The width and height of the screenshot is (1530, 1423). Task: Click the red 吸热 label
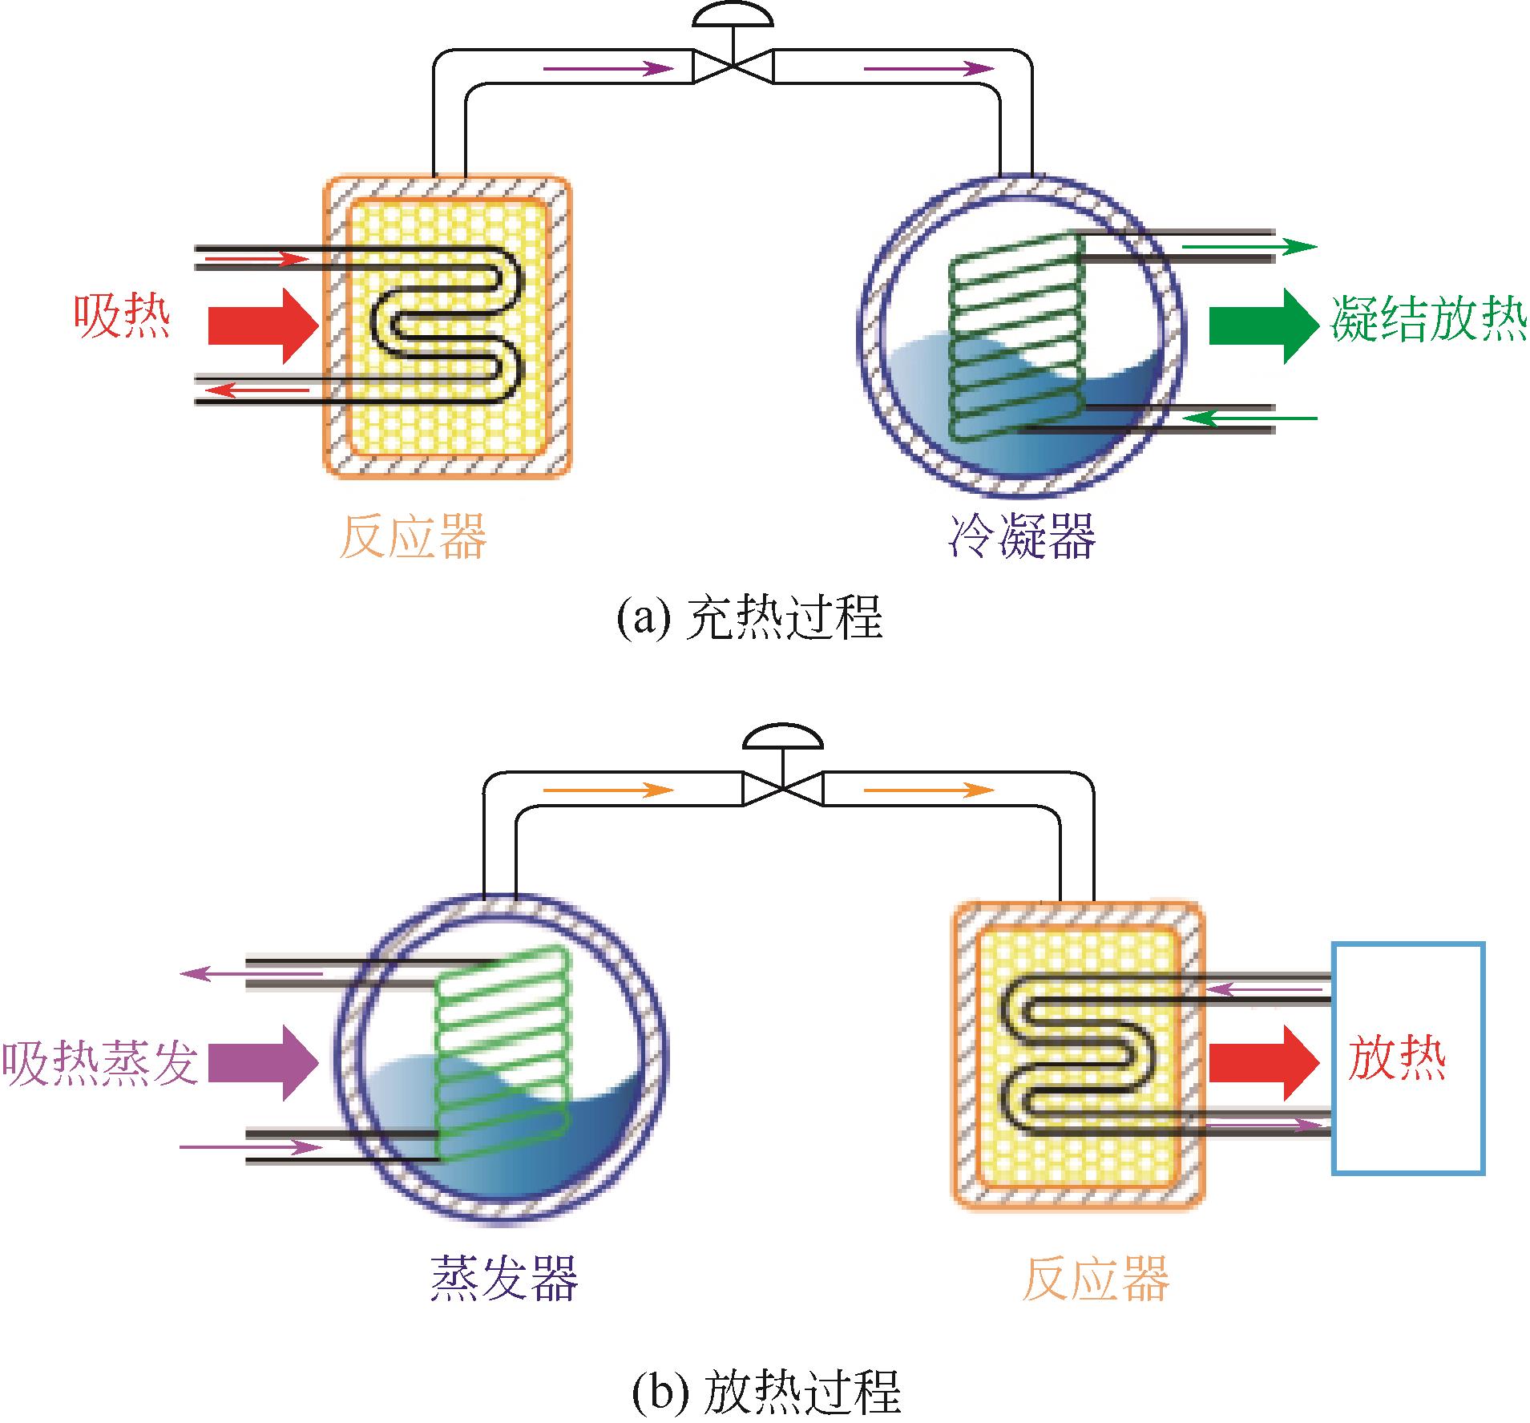123,317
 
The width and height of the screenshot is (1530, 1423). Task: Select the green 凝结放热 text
1429,319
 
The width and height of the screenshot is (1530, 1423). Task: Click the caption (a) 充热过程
749,618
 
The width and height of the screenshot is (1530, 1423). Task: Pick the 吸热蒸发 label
100,1063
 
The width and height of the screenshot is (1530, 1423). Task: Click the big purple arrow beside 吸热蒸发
262,1063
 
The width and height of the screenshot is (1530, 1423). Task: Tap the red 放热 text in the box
1397,1058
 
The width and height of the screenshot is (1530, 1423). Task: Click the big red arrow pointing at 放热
1262,1062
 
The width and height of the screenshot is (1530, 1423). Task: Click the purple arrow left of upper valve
608,69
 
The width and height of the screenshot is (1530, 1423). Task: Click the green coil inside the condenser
1015,337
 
